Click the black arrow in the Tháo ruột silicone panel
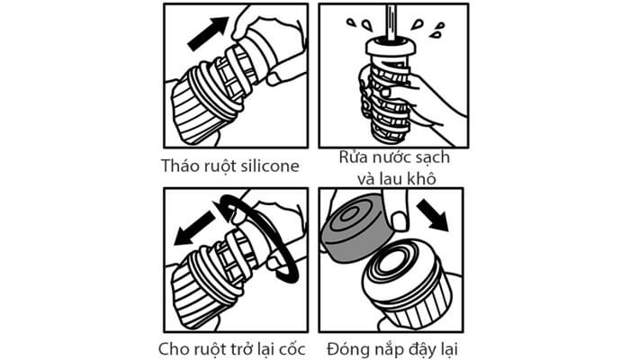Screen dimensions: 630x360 pos(208,33)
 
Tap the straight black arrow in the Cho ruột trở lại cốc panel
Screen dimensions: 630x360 pos(194,229)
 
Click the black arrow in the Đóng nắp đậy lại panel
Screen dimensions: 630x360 pos(433,215)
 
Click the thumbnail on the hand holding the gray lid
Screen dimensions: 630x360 pos(399,220)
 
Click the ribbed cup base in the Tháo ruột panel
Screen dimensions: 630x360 pos(197,112)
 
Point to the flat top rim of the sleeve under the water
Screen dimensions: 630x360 pos(391,46)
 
